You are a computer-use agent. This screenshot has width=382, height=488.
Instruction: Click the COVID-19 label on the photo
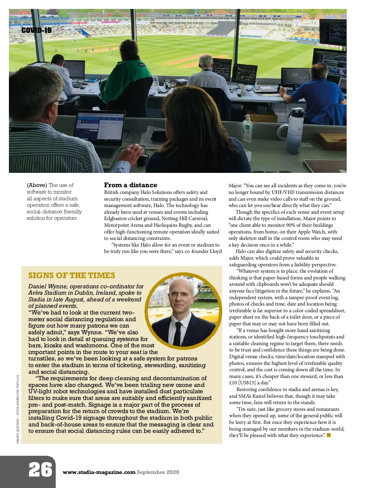[x=36, y=30]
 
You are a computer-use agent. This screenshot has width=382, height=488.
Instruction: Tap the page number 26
[x=40, y=470]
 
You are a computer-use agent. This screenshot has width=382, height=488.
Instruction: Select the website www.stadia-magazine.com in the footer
[x=99, y=472]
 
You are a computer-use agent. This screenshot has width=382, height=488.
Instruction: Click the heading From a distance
[x=131, y=185]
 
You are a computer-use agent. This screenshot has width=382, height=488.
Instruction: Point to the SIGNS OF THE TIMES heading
[x=72, y=275]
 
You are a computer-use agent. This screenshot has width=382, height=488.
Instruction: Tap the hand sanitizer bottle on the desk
[x=247, y=128]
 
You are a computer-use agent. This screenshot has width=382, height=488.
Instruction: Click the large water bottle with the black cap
[x=296, y=130]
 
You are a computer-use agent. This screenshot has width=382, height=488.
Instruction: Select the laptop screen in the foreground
[x=100, y=125]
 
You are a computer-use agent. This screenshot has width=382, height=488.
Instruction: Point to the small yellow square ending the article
[x=329, y=435]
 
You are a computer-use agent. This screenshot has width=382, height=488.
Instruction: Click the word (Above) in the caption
[x=37, y=185]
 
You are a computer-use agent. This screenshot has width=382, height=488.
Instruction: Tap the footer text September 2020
[x=158, y=472]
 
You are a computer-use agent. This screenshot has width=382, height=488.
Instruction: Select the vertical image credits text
[x=18, y=409]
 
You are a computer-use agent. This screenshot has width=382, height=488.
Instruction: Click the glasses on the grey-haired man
[x=60, y=102]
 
